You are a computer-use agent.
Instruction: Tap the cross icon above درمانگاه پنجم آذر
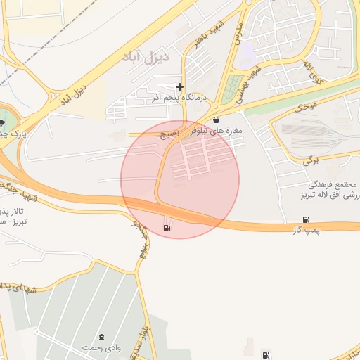180,87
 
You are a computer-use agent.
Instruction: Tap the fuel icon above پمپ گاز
306,219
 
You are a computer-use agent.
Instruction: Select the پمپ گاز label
307,231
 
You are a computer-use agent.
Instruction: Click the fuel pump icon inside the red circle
167,227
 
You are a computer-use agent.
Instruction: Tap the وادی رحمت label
98,348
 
